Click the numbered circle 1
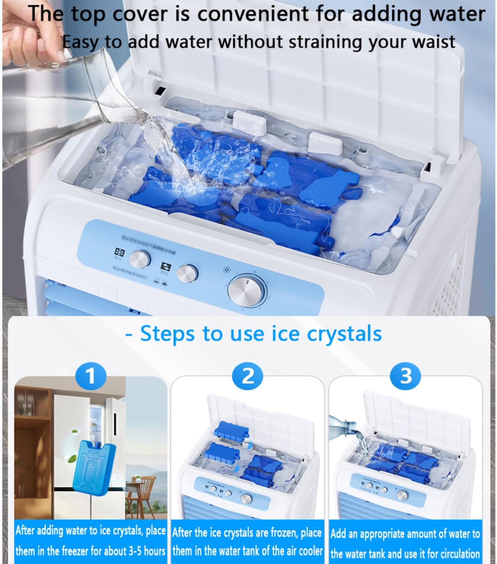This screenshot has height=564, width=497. click(x=91, y=376)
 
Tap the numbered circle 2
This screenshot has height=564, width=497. click(x=248, y=376)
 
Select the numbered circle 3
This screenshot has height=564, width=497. click(x=406, y=376)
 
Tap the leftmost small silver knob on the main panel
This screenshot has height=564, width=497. click(x=140, y=259)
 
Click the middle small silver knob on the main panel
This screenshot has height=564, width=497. click(x=187, y=273)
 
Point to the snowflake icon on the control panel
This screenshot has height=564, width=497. click(x=119, y=252)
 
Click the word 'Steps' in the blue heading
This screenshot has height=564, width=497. click(x=168, y=334)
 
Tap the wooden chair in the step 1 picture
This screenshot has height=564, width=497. click(x=144, y=488)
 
